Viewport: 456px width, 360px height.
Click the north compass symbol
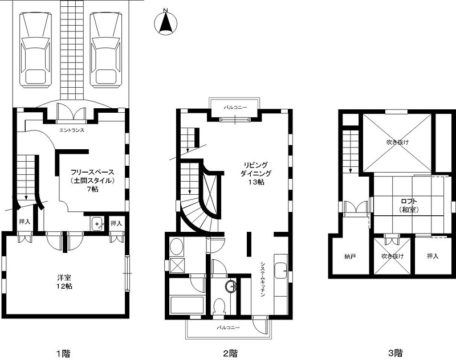[x=165, y=22]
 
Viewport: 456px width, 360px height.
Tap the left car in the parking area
[x=35, y=50]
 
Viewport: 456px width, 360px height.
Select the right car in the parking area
[x=105, y=50]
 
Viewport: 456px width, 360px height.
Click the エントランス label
[x=72, y=130]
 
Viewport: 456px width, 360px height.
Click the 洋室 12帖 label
[x=64, y=282]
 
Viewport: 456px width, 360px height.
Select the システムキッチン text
[x=263, y=279]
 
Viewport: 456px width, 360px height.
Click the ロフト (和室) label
[x=409, y=205]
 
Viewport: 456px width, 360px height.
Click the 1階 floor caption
[x=63, y=353]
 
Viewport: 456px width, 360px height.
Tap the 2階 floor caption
[x=230, y=353]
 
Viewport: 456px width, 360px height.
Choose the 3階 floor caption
[x=396, y=353]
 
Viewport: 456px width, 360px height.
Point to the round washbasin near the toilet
[x=231, y=286]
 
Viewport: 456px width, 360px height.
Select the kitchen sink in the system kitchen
[x=280, y=271]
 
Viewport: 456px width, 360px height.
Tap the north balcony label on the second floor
[x=235, y=108]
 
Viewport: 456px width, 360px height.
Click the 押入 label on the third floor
[x=433, y=256]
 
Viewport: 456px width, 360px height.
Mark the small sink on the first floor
[x=97, y=224]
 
